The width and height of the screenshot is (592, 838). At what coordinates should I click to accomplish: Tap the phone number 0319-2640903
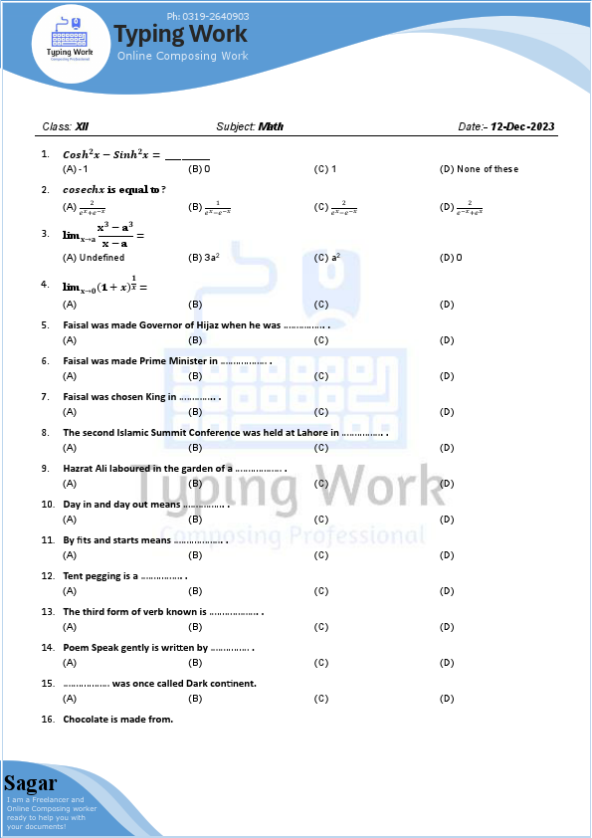(x=208, y=17)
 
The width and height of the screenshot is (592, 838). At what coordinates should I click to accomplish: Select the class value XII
(x=82, y=127)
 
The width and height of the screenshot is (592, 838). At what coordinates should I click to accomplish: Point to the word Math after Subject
(x=271, y=127)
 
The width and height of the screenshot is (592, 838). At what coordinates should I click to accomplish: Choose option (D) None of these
(x=479, y=169)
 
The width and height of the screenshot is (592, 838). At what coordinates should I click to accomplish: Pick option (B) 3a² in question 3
(x=204, y=258)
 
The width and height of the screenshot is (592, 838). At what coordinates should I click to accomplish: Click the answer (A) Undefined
(x=94, y=258)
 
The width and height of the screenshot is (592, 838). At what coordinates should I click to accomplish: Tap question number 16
(x=47, y=719)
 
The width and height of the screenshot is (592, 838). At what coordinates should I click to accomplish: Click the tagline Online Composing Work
(x=182, y=57)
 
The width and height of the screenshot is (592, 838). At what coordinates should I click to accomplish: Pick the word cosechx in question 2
(x=83, y=189)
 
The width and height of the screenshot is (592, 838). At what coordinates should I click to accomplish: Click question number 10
(x=47, y=505)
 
